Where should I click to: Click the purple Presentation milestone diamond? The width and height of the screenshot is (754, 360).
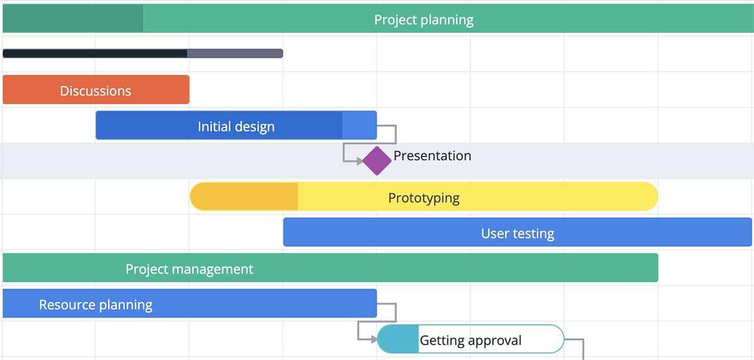tap(376, 161)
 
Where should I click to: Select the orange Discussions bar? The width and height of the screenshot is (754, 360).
tap(96, 89)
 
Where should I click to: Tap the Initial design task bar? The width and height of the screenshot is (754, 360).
tap(236, 125)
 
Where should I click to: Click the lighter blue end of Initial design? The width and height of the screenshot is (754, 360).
tap(359, 125)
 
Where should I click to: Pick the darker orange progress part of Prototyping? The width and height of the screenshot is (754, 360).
tap(244, 197)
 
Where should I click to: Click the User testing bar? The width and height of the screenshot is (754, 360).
tap(517, 232)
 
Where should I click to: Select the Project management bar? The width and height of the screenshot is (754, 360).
tap(331, 268)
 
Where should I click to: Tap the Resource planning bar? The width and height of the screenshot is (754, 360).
tap(190, 303)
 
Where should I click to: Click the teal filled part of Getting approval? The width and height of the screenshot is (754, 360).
tap(398, 339)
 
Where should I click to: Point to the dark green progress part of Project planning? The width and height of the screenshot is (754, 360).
tap(73, 18)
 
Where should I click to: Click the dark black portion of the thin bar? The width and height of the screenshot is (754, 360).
tap(95, 53)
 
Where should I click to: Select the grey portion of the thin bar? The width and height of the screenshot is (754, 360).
tap(235, 53)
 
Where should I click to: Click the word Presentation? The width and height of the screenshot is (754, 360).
tap(432, 156)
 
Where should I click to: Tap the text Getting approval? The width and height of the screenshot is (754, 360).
tap(471, 341)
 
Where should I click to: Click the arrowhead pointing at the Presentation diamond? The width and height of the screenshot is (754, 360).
tap(360, 161)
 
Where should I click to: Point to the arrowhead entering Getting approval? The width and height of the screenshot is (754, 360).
tap(374, 339)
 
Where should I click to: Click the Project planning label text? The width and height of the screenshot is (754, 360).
tap(423, 20)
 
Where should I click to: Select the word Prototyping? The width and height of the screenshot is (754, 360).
tap(423, 198)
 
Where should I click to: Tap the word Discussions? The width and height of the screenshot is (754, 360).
tap(96, 91)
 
